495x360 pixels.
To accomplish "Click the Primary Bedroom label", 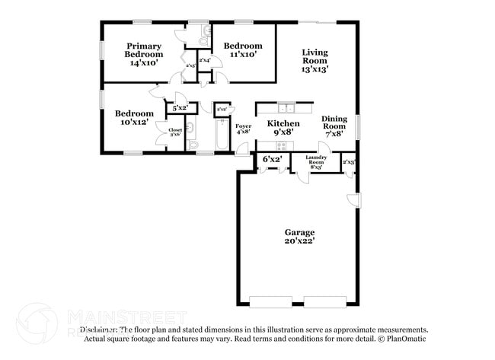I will pos(144,50).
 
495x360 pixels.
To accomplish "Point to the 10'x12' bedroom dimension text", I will pos(134,123).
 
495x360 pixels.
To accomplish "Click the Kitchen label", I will pos(283,123).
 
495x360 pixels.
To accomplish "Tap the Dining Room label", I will pos(334,123).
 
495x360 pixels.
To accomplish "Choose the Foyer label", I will pos(244,126).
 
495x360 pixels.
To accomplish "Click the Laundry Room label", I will pos(316,159).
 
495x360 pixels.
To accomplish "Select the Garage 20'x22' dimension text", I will pos(299,241).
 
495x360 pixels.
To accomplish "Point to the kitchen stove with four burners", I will pos(283,145).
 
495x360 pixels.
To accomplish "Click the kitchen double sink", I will pos(286,107).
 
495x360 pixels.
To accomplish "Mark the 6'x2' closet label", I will pos(272,160).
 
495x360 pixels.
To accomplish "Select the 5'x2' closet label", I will pos(180,109).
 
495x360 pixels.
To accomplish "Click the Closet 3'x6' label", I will pos(175,132).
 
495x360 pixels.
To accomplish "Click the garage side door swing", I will pos(353,199).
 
